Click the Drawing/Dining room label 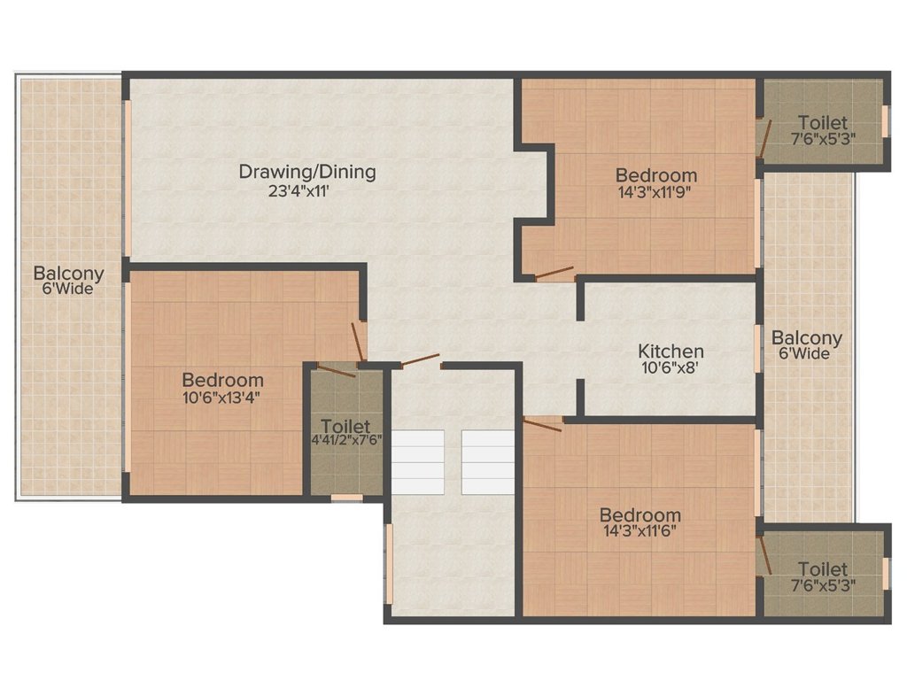tap(307, 172)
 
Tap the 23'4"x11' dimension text tap(298, 191)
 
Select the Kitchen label tap(671, 351)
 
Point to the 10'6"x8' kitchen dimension tap(671, 367)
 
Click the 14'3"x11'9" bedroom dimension tap(655, 192)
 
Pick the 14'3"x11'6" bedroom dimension tap(640, 531)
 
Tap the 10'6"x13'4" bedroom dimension tap(221, 398)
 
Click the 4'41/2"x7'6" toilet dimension tap(346, 440)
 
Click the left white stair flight tap(418, 462)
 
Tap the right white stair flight tap(488, 462)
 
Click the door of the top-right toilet tap(764, 139)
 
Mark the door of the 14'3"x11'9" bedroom tap(554, 273)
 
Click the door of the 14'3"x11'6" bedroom tap(542, 424)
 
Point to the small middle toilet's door tap(336, 371)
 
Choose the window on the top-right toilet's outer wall tap(885, 121)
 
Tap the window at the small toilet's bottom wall tap(347, 498)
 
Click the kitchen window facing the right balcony tap(758, 349)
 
